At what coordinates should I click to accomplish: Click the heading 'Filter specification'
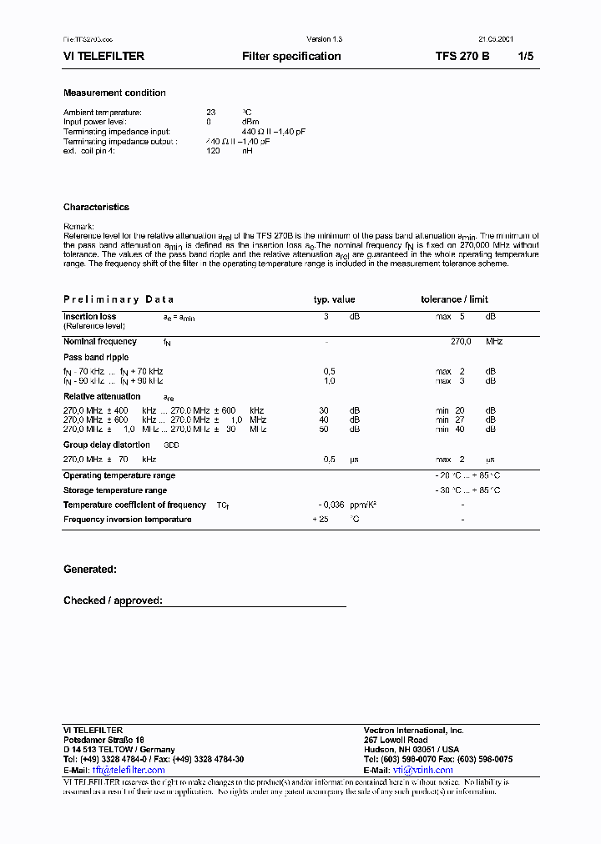click(x=291, y=57)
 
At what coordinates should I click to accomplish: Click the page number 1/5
click(x=525, y=57)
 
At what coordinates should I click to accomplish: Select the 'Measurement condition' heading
click(x=114, y=93)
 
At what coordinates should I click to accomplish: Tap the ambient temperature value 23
click(x=211, y=112)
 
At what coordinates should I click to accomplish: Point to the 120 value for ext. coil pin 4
click(x=213, y=152)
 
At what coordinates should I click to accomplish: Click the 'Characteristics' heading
click(x=96, y=207)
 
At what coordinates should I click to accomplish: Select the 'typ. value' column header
click(x=334, y=299)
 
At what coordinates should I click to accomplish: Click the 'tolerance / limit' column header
click(x=454, y=299)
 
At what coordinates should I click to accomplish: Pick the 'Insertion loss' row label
click(x=89, y=317)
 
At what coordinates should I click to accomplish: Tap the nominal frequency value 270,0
click(x=461, y=342)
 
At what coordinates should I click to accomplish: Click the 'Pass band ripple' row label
click(x=96, y=357)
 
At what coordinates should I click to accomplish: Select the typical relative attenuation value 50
click(x=323, y=430)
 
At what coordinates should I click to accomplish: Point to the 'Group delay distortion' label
click(x=107, y=445)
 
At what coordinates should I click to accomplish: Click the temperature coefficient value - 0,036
click(x=332, y=505)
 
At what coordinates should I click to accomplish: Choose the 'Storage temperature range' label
click(x=115, y=490)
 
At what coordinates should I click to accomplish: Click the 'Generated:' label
click(x=89, y=570)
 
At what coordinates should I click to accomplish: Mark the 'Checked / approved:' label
click(x=113, y=600)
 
